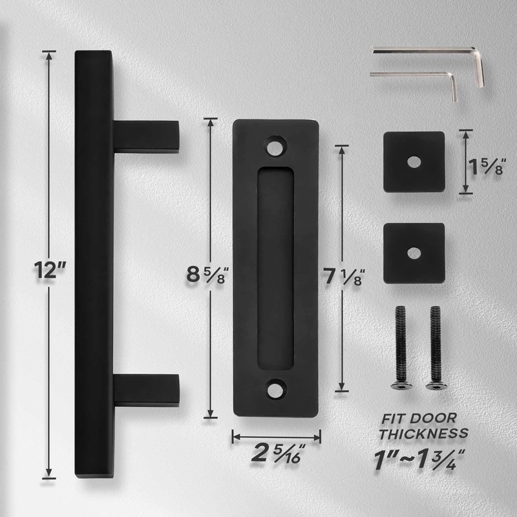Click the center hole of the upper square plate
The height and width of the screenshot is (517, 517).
pyautogui.click(x=414, y=161)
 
